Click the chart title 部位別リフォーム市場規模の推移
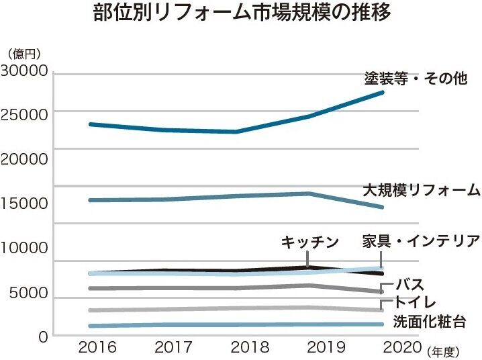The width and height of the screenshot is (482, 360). tap(241, 15)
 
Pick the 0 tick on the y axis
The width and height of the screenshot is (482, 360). tap(42, 336)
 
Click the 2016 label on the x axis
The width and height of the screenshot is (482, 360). tap(97, 348)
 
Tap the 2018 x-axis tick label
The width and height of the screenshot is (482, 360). tap(250, 348)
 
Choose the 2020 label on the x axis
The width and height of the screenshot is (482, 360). tap(402, 348)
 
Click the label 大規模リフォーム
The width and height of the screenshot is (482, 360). tap(422, 189)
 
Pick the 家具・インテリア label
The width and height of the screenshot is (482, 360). tap(421, 241)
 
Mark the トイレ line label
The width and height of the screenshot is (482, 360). tap(416, 302)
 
